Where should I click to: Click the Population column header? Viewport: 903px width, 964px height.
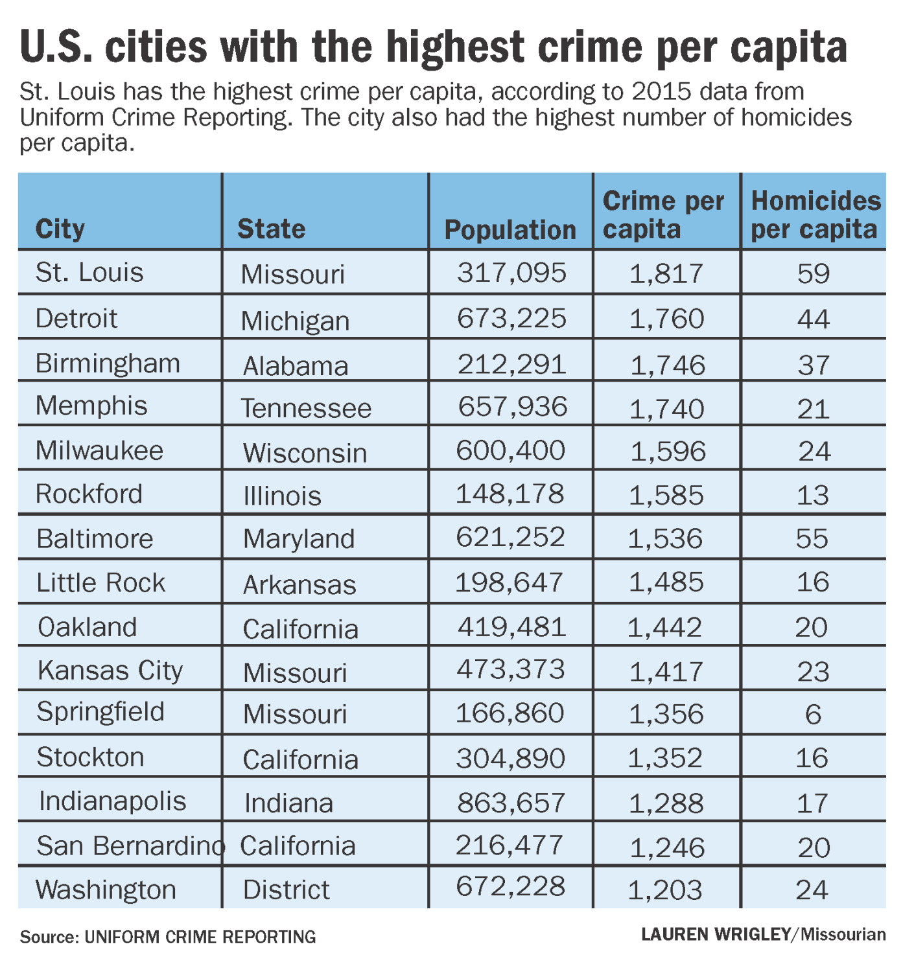coord(510,230)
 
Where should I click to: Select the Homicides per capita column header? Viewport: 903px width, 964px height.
coord(815,214)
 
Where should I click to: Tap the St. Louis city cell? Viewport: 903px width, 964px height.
coord(89,272)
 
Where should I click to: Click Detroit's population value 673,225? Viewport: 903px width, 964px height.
coord(511,318)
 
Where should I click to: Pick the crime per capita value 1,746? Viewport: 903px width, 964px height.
coord(667,365)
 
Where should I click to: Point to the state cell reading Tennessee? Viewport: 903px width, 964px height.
coord(306,408)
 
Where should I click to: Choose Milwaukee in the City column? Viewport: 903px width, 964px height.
coord(99,450)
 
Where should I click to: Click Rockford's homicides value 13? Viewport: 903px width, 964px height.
coord(813,495)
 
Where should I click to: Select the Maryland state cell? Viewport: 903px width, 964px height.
coord(299,539)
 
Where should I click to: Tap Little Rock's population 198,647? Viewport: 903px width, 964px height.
coord(510,582)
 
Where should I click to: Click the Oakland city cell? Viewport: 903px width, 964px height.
coord(88,626)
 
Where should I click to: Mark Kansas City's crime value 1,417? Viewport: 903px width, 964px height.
coord(666,671)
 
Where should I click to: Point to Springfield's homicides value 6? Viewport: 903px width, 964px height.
coord(813,714)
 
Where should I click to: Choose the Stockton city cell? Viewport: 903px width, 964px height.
coord(90,757)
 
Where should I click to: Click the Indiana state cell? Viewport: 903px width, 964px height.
coord(288,803)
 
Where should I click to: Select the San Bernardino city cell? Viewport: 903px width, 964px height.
coord(130,845)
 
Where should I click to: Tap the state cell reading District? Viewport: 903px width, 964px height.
coord(286,889)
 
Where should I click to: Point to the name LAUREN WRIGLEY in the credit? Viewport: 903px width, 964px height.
coord(716,934)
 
